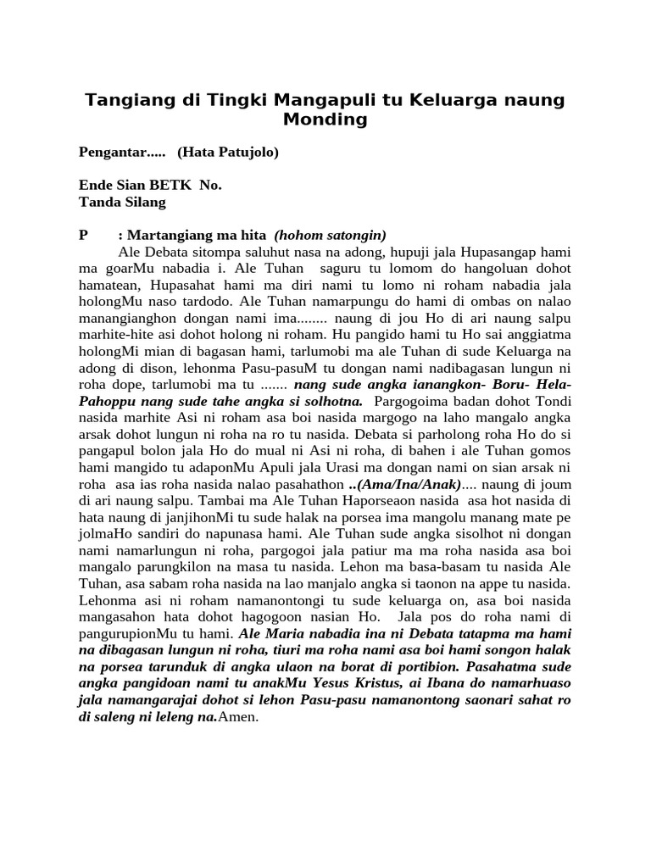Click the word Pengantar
pyautogui.click(x=114, y=153)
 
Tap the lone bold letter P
pyautogui.click(x=83, y=235)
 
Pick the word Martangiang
pyautogui.click(x=166, y=235)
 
